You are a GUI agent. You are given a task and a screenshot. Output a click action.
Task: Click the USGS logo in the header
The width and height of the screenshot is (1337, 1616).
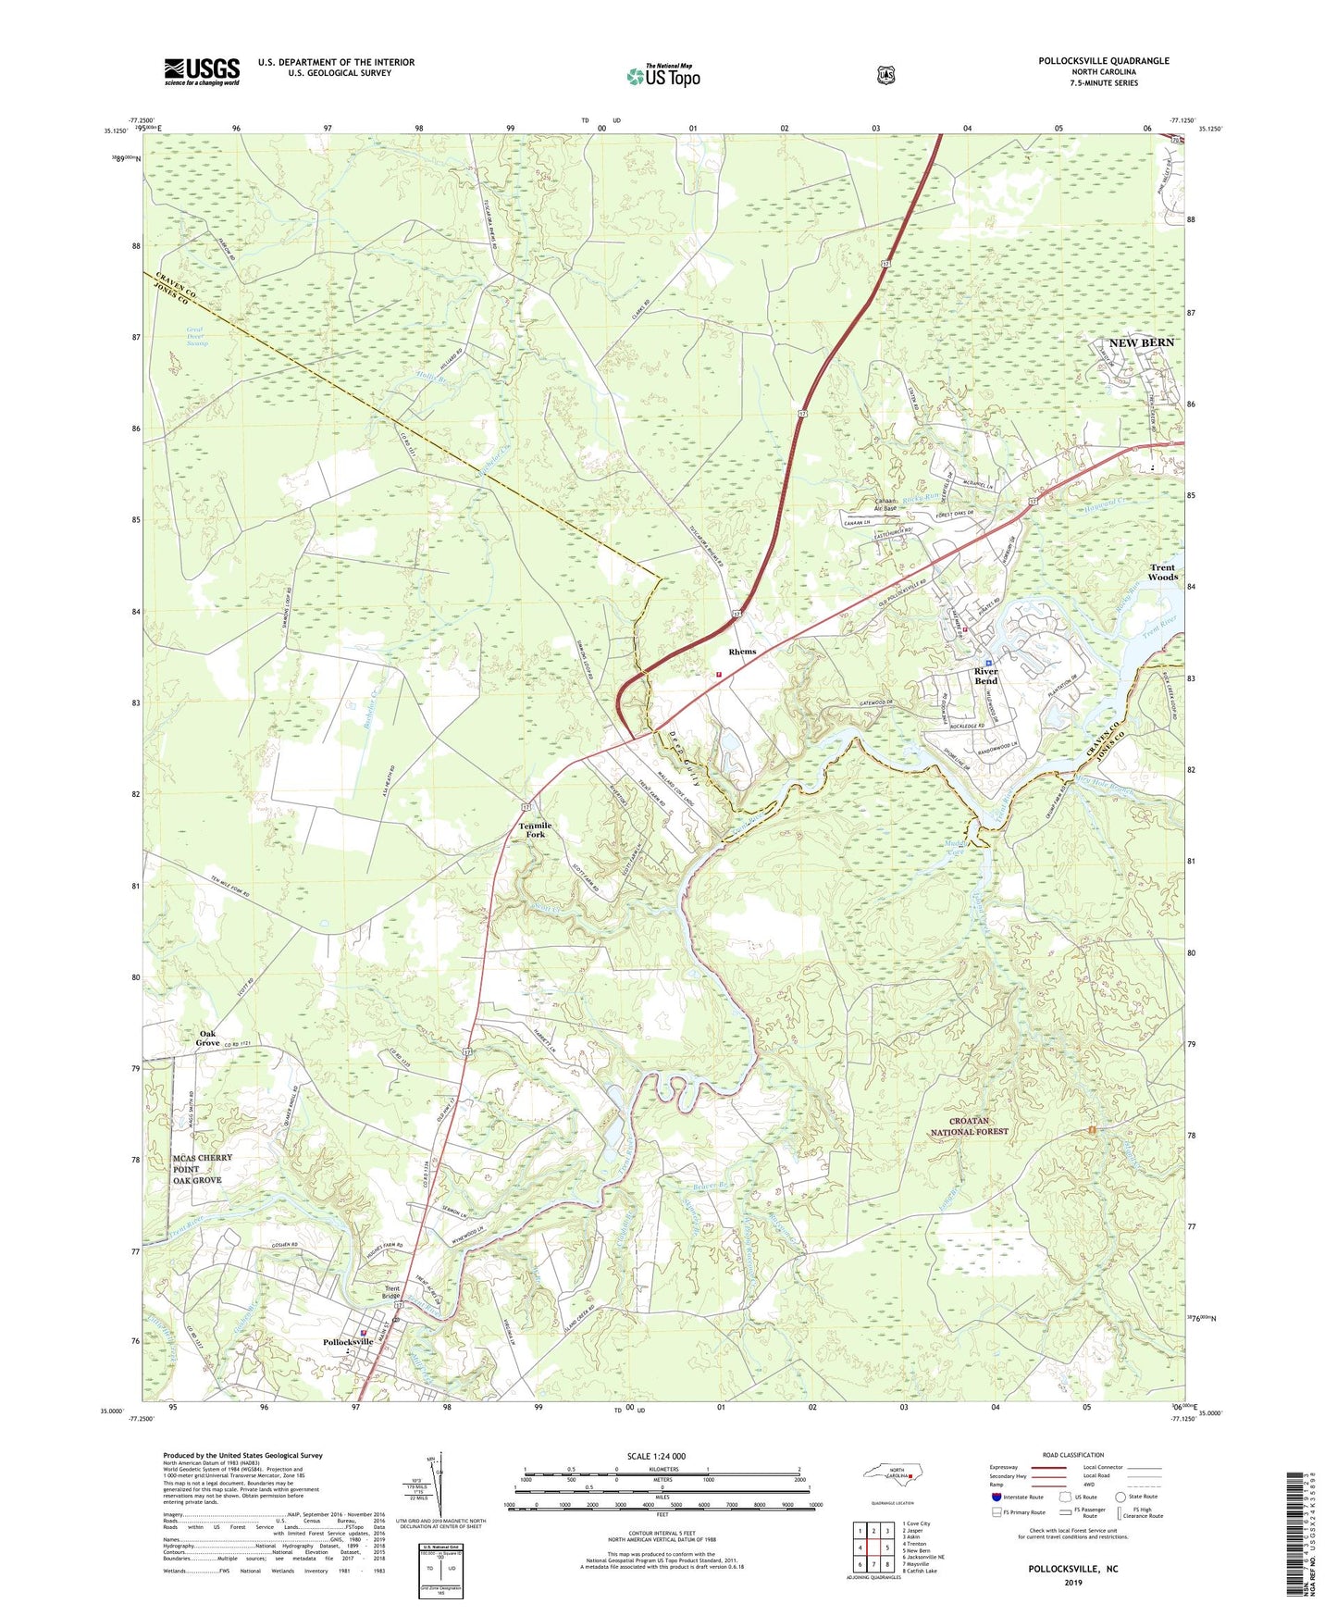(202, 71)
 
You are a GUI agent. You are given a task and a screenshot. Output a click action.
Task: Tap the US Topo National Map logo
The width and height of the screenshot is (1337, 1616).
(662, 75)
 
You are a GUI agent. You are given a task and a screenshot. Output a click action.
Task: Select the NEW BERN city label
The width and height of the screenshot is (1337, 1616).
(1141, 342)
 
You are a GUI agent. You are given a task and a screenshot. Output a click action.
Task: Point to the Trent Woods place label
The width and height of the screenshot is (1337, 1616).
(1162, 572)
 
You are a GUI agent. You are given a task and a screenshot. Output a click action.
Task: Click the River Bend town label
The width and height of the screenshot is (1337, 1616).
(985, 676)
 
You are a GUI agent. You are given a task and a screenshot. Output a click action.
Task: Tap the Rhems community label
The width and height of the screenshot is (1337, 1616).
(742, 652)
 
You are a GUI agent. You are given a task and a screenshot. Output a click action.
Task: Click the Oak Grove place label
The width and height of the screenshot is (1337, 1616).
(208, 1038)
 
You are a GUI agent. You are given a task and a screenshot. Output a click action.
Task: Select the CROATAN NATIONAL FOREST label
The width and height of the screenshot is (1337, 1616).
(982, 1125)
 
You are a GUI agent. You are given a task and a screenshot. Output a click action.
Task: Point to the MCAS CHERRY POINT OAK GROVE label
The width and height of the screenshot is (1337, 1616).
(196, 1169)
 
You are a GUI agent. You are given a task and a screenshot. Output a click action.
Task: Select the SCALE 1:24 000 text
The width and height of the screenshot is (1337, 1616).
(656, 1457)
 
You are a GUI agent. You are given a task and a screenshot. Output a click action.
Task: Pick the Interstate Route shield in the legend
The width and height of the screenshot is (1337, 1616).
(996, 1497)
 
